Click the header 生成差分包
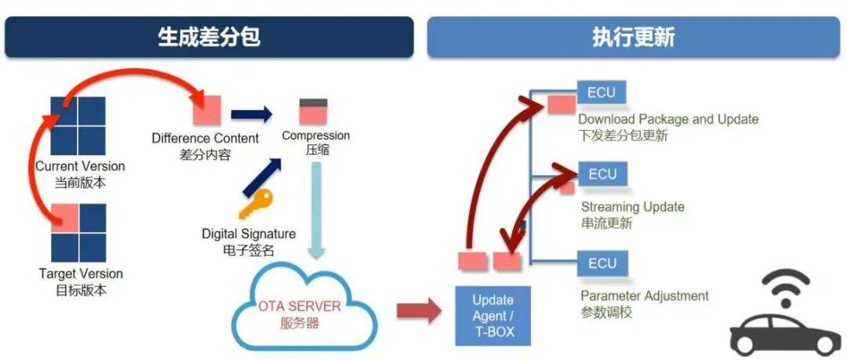[x=209, y=38]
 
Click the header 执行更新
[x=633, y=38]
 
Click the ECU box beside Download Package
[x=602, y=93]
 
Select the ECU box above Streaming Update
[x=602, y=174]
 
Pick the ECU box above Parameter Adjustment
[x=602, y=263]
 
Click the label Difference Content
[x=205, y=139]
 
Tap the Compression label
[x=315, y=136]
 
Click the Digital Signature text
[x=249, y=234]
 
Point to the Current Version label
[x=79, y=166]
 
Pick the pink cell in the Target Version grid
[x=65, y=216]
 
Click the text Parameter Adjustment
[x=644, y=296]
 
